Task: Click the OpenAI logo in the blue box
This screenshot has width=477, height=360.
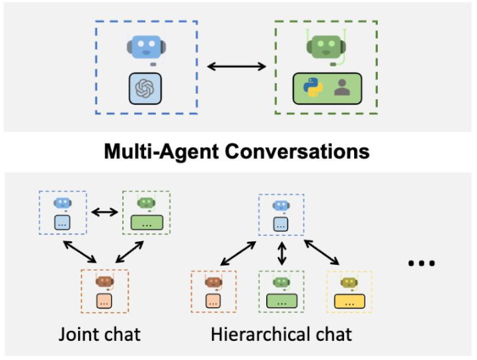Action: [x=145, y=89]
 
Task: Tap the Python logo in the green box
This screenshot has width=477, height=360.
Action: [x=312, y=87]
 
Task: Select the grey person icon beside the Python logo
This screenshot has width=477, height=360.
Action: [x=342, y=88]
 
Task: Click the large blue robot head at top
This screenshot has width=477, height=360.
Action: [x=146, y=47]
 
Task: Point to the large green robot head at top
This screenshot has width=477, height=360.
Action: [x=326, y=46]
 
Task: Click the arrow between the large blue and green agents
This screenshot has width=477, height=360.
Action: [x=237, y=66]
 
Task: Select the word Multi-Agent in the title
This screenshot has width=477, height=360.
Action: [x=162, y=152]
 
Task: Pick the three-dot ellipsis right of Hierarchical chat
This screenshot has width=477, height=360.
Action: [x=422, y=263]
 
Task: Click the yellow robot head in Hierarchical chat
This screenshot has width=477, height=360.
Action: [x=349, y=283]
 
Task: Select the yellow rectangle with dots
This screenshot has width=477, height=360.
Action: [x=349, y=301]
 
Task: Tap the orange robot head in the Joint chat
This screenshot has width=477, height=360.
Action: [x=104, y=281]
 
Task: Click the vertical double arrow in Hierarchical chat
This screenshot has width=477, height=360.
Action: [x=282, y=253]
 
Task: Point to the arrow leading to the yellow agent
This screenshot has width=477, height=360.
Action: [x=322, y=252]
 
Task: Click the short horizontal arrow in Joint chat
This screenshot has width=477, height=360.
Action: [x=104, y=212]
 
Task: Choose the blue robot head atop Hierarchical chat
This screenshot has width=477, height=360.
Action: [x=281, y=205]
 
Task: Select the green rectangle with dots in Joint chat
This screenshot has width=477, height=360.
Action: [x=147, y=223]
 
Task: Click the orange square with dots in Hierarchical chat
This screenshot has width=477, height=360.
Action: [x=213, y=301]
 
